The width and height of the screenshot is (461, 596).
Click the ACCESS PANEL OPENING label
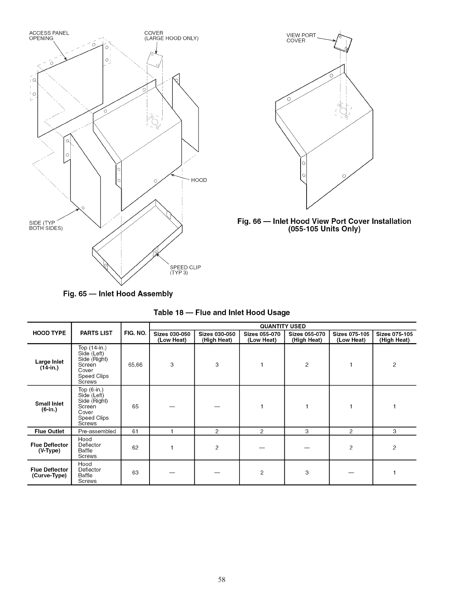pos(49,35)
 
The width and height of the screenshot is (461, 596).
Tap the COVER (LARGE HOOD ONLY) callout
pos(171,35)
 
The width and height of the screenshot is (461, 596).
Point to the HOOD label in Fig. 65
pos(199,180)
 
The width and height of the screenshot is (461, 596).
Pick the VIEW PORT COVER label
pos(301,38)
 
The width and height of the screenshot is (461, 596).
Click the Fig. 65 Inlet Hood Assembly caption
pos(118,293)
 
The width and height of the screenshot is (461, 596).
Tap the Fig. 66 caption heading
pos(324,225)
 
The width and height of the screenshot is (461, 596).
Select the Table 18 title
pos(221,312)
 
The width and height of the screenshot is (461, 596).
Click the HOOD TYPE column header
pos(49,333)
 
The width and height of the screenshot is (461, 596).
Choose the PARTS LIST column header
pos(96,333)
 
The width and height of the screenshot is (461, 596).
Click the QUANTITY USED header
pos(282,326)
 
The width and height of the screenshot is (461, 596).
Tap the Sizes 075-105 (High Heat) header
pos(394,337)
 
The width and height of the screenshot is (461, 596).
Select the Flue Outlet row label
pos(49,431)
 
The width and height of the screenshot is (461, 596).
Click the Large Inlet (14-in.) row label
pos(49,365)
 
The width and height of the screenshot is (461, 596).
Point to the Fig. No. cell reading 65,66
pos(135,365)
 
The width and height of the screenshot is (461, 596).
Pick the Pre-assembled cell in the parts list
pos(97,431)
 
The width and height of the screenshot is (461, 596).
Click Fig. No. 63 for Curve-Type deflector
pos(135,473)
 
